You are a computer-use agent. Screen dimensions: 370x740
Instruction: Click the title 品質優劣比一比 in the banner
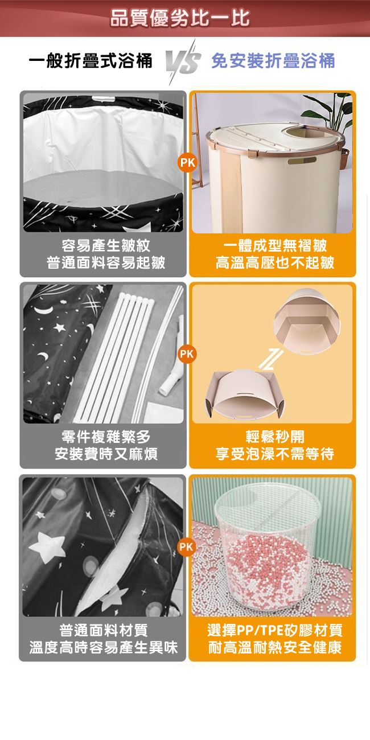point(180,18)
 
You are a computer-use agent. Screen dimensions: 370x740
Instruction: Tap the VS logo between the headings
point(183,63)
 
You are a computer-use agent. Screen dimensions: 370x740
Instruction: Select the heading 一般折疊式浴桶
point(91,61)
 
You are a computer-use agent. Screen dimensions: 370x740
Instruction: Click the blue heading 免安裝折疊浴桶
point(273,61)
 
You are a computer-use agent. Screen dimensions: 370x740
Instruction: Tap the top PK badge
point(187,163)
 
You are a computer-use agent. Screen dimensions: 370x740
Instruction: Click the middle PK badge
point(187,354)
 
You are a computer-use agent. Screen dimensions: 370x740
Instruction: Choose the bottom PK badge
point(187,547)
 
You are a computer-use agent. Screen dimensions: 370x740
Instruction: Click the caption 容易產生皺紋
point(106,245)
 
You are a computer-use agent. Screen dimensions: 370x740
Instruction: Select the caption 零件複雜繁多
point(106,437)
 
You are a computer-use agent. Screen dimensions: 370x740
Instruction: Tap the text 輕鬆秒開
point(275,437)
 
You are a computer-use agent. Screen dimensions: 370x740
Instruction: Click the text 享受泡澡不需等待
point(275,454)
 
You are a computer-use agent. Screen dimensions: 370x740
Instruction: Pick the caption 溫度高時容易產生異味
point(104,647)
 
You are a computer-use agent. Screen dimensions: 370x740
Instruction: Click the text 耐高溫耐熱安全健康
point(275,647)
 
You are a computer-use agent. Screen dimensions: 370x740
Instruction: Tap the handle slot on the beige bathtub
point(302,161)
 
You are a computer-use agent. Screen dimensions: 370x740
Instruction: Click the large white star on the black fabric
point(47,546)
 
